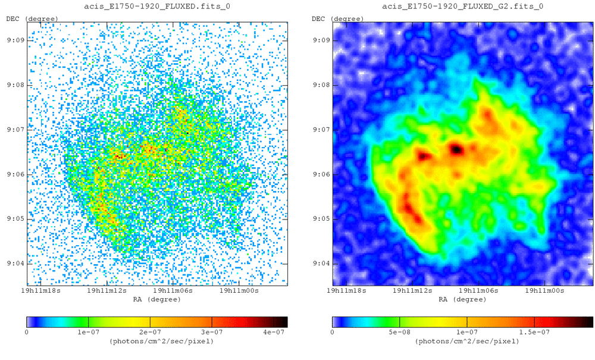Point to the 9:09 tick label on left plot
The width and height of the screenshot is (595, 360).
click(15, 40)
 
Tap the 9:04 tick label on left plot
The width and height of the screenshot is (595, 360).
click(15, 264)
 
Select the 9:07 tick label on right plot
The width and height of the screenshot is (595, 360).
click(320, 130)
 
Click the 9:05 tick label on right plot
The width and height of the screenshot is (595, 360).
click(320, 219)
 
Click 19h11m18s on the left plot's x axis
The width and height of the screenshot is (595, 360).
click(39, 291)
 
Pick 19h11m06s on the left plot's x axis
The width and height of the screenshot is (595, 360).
click(172, 291)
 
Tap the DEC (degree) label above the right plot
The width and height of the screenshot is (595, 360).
click(337, 18)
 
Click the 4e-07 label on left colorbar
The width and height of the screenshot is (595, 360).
click(273, 331)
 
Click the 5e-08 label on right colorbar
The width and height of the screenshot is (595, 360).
click(400, 331)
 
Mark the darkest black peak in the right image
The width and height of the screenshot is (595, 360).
click(456, 149)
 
